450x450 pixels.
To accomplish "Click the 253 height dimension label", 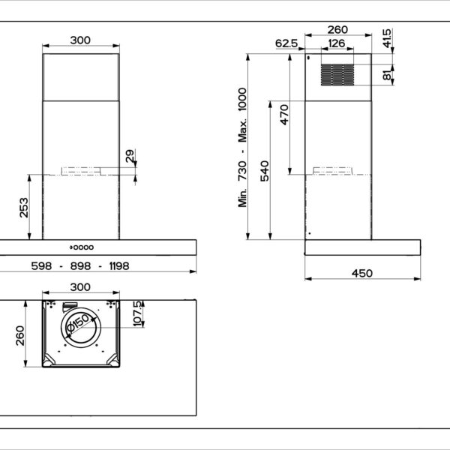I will coord(23,206).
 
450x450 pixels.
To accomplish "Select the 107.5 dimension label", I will coord(136,314).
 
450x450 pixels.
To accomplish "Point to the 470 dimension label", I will coord(285,118).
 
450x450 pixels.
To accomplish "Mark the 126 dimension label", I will coord(337,43).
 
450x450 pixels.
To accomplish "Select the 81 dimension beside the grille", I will coord(385,74).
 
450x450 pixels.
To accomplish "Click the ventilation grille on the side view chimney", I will coord(337,73).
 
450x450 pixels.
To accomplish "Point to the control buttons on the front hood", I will coord(81,245).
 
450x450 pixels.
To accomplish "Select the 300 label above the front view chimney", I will coord(80,39).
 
